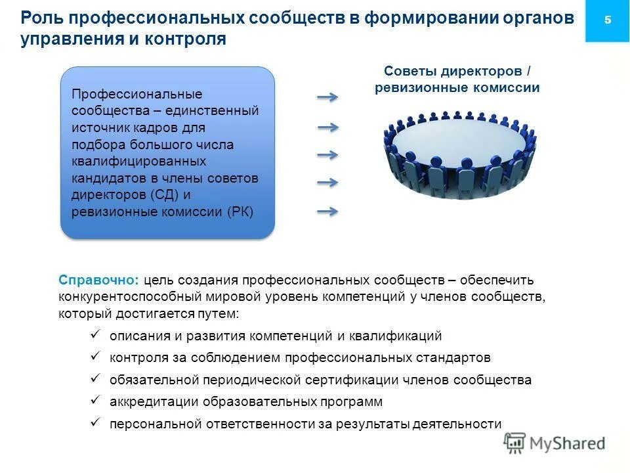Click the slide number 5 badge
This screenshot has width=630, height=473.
coord(607,20)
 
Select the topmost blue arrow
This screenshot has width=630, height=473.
coord(327,98)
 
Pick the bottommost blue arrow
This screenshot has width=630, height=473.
coord(327,212)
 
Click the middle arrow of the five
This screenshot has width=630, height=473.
coord(327,155)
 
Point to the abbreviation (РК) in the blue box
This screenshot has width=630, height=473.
coord(240,212)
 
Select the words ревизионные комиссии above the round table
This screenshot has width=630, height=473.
coord(457,87)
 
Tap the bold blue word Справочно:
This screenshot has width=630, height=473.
coord(98,279)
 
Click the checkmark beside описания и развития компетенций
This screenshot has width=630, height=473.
coord(95,335)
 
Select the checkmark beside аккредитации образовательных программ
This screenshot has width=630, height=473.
coord(95,400)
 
